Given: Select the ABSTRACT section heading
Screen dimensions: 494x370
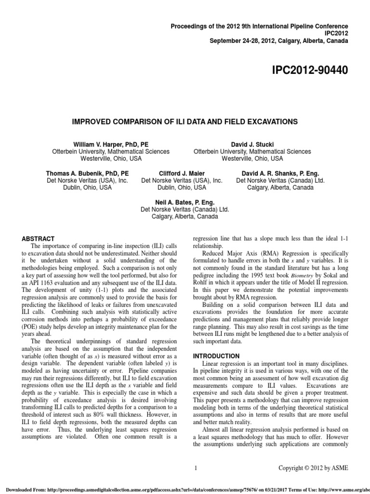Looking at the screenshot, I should pyautogui.click(x=39, y=239).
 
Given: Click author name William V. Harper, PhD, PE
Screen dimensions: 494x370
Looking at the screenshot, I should pyautogui.click(x=110, y=144).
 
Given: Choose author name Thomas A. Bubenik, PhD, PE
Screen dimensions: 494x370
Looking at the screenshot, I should pyautogui.click(x=87, y=173).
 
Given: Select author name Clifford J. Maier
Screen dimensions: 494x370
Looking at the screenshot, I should pyautogui.click(x=182, y=173).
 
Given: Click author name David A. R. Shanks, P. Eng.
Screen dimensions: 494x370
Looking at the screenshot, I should pyautogui.click(x=280, y=173).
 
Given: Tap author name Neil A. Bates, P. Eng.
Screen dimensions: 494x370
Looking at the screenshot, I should pyautogui.click(x=185, y=203).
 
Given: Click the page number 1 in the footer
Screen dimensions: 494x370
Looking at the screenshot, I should pyautogui.click(x=196, y=467).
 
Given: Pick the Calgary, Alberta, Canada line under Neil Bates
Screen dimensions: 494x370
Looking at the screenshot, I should pyautogui.click(x=185, y=217).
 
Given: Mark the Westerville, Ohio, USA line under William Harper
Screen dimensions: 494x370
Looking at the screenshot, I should pyautogui.click(x=110, y=159).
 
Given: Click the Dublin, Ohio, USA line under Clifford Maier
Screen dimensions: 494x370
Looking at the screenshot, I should pyautogui.click(x=182, y=188).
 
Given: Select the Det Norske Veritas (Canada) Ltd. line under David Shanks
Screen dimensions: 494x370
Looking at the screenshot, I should pyautogui.click(x=280, y=180).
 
